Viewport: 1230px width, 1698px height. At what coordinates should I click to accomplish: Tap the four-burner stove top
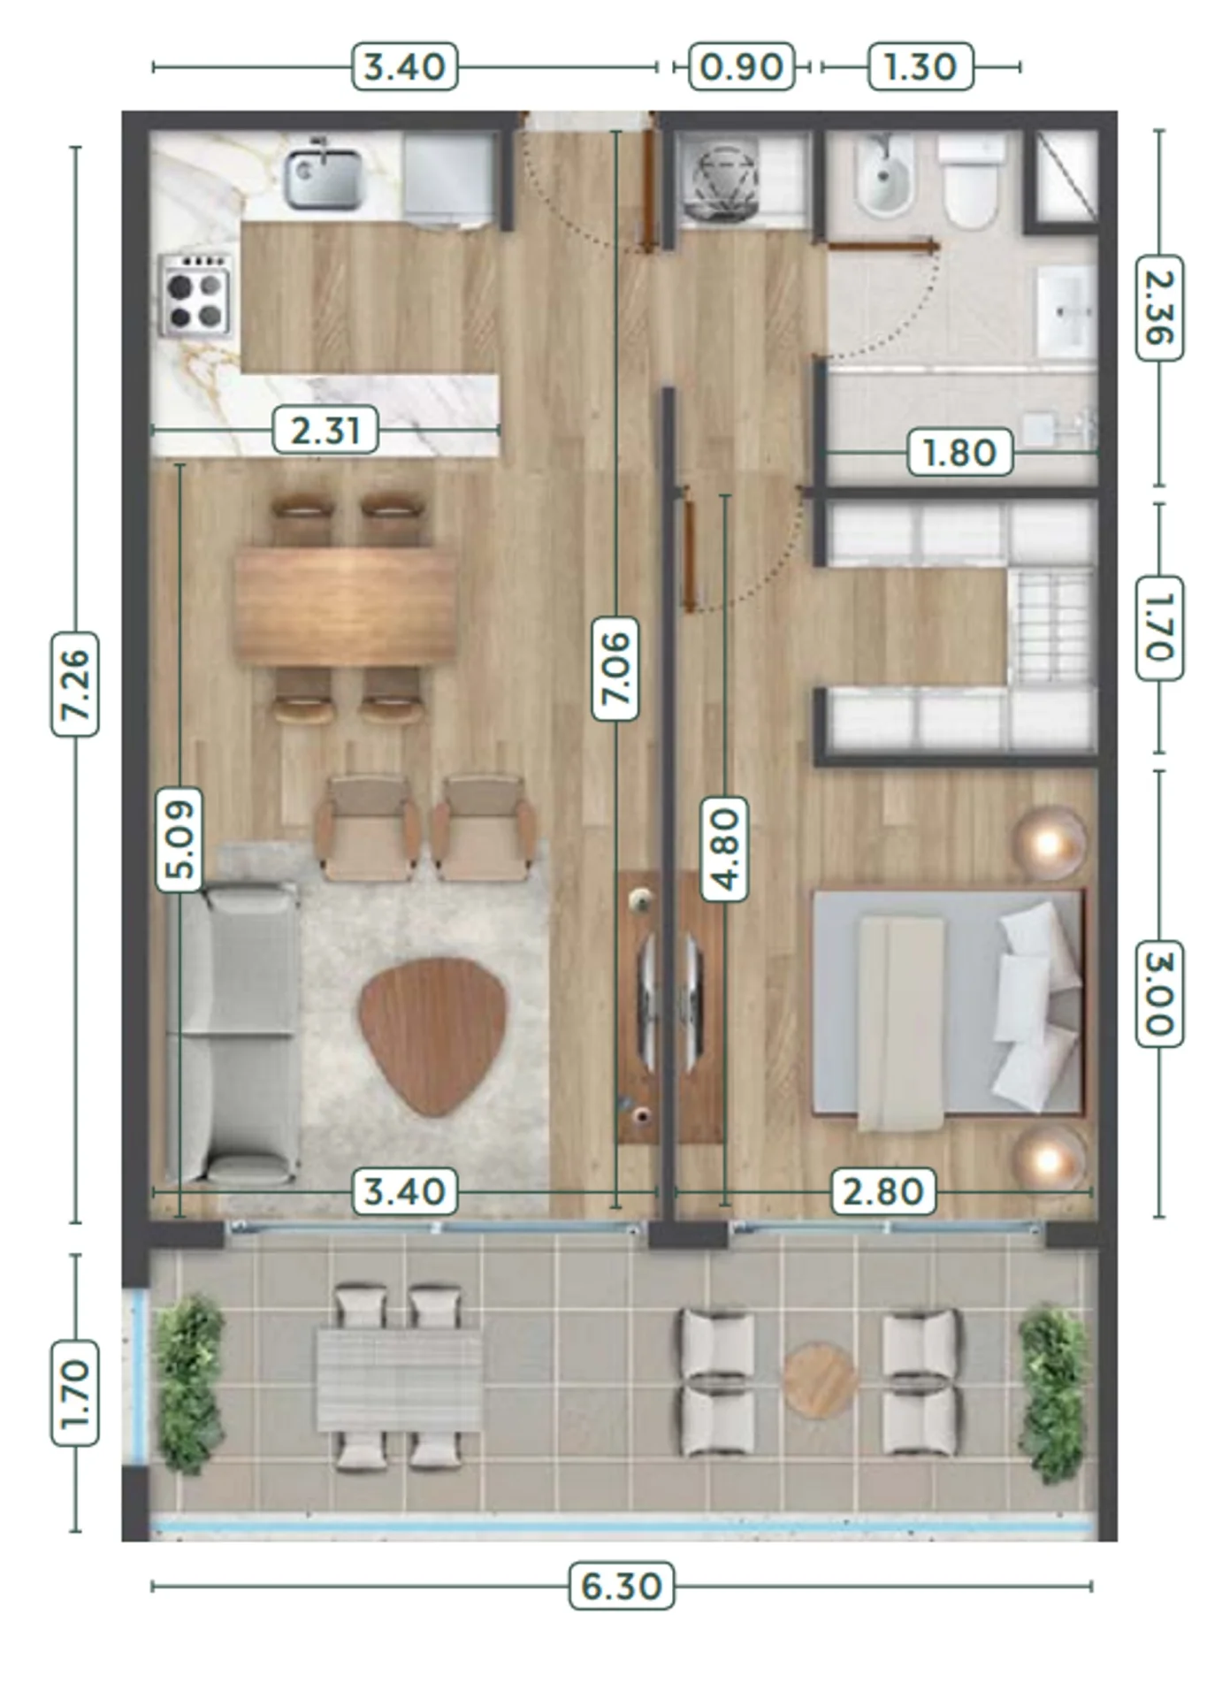click(196, 295)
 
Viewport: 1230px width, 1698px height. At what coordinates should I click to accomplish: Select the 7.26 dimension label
click(75, 684)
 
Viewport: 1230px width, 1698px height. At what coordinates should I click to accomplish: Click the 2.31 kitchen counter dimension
click(325, 430)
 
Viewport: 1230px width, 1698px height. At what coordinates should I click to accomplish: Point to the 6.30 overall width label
click(622, 1586)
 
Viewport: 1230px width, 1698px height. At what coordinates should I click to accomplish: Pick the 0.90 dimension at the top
click(741, 66)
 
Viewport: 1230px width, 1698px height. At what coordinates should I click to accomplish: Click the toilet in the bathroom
click(971, 180)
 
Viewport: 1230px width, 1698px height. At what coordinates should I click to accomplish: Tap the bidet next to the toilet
click(884, 178)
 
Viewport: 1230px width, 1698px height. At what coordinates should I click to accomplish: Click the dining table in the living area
click(346, 607)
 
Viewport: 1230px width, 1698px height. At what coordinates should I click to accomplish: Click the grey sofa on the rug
click(231, 1035)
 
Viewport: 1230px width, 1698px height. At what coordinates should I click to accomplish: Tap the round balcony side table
click(820, 1381)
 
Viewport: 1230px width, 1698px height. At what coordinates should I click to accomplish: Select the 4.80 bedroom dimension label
click(725, 849)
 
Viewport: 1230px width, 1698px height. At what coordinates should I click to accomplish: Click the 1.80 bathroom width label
click(960, 453)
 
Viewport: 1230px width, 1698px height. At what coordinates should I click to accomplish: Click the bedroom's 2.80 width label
click(883, 1191)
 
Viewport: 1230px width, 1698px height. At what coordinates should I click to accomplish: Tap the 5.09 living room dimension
click(180, 840)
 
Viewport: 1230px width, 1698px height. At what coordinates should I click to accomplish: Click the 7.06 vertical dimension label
click(615, 668)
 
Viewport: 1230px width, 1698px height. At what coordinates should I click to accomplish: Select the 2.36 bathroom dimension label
click(1158, 308)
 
